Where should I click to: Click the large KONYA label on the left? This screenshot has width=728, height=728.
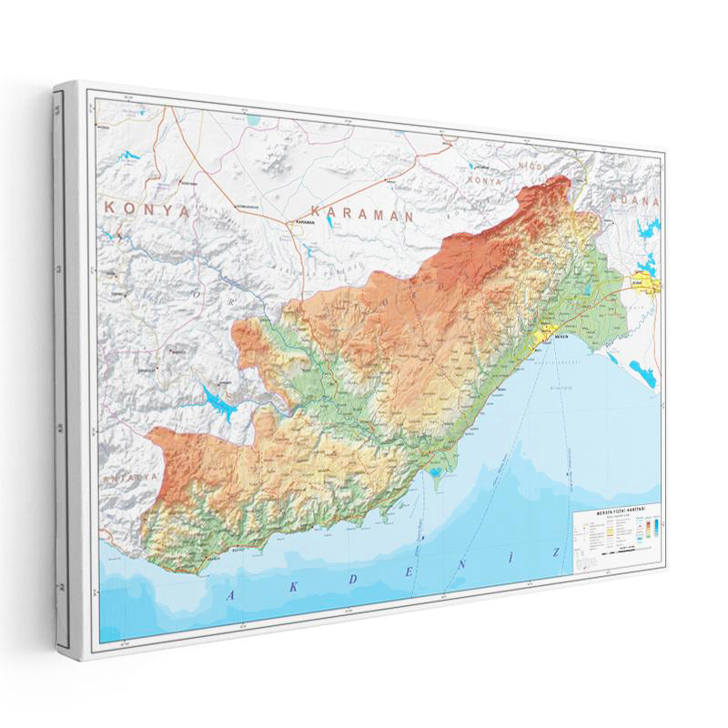click(148, 208)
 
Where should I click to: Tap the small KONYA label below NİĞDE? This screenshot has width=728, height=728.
click(485, 180)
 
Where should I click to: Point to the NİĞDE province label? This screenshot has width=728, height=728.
click(531, 167)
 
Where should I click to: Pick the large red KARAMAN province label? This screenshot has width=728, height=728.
click(361, 216)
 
